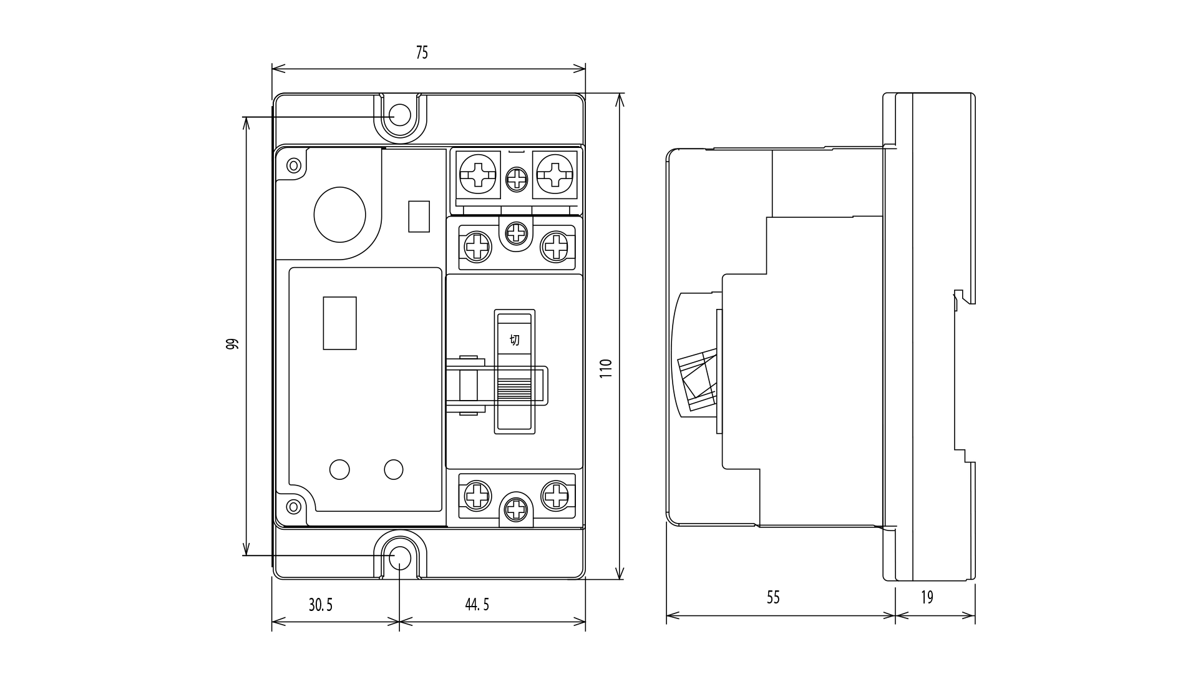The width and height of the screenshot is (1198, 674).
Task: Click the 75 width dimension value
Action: pyautogui.click(x=422, y=53)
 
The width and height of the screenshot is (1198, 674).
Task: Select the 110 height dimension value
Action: pyautogui.click(x=606, y=368)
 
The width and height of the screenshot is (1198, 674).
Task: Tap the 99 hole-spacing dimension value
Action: pyautogui.click(x=232, y=344)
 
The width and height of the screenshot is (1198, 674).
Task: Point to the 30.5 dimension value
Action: pyautogui.click(x=321, y=605)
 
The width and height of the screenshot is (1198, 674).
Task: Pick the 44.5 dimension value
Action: pyautogui.click(x=477, y=605)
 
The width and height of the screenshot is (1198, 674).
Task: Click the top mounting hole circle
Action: pyautogui.click(x=400, y=115)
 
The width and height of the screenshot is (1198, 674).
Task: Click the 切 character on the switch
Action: pyautogui.click(x=515, y=340)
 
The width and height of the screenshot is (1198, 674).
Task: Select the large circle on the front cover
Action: pyautogui.click(x=339, y=214)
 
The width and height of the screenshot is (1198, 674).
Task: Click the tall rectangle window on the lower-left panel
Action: pyautogui.click(x=339, y=323)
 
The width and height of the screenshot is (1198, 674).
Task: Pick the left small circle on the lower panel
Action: pyautogui.click(x=339, y=469)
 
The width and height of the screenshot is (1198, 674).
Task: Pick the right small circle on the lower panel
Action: pyautogui.click(x=394, y=469)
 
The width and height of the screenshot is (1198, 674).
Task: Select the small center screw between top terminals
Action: pyautogui.click(x=517, y=180)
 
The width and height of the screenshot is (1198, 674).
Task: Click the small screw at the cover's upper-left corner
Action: pyautogui.click(x=293, y=165)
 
